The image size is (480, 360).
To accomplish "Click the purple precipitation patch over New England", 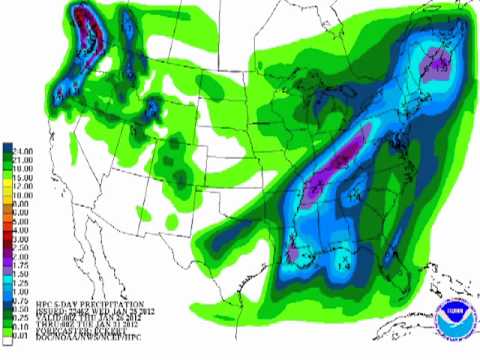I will point(436,64).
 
